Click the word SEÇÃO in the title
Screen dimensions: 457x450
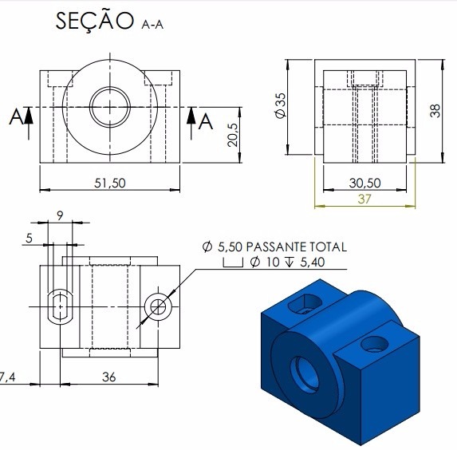coord(94,21)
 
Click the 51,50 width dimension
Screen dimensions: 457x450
coord(110,184)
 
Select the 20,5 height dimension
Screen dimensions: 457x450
coord(233,135)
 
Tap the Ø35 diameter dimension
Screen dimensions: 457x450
coord(281,105)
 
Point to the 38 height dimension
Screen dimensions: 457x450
coord(435,111)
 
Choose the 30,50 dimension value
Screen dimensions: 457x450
coord(365,184)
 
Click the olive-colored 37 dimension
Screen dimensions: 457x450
coord(364,199)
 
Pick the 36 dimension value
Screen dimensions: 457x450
coord(109,377)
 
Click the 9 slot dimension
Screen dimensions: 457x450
coord(60,215)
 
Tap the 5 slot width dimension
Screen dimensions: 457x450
coord(29,239)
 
